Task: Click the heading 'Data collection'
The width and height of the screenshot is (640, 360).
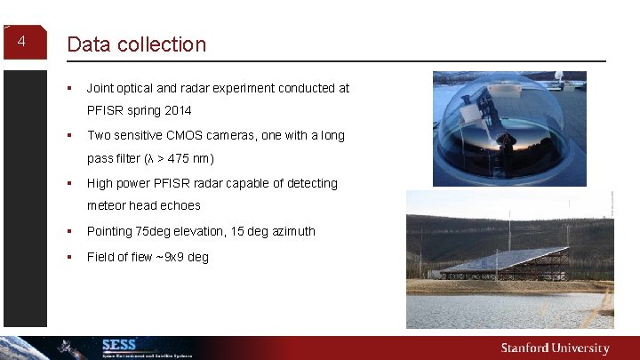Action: point(136,44)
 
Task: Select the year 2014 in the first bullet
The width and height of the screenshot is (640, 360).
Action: point(176,112)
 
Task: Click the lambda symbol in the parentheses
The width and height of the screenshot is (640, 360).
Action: point(143,159)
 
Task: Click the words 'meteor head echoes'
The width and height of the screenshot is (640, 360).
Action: point(143,206)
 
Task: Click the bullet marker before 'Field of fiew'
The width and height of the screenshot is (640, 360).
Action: point(68,257)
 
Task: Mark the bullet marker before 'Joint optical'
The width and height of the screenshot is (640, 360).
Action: point(68,88)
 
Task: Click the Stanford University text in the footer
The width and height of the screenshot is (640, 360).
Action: point(555,348)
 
